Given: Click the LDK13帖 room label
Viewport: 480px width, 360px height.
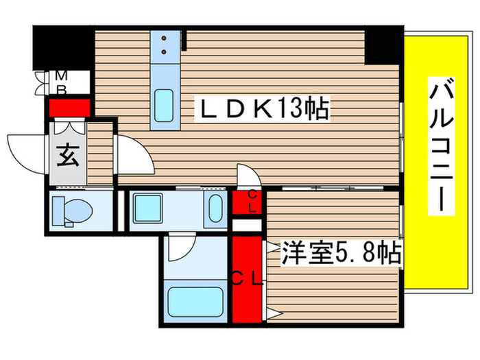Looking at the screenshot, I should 264,108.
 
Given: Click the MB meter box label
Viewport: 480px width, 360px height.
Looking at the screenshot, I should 62,82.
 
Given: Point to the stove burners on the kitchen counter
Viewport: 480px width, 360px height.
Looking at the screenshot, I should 165,45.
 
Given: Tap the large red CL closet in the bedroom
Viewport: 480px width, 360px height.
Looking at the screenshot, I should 247,280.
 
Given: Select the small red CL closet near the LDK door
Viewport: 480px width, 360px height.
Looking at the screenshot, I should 245,202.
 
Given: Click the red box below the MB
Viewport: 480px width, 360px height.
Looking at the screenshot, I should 69,108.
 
